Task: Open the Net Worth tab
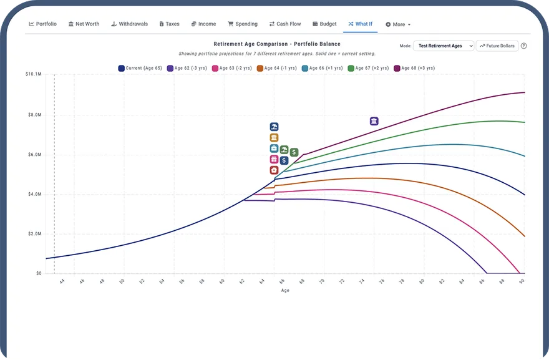coord(84,24)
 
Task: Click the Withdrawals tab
coord(129,24)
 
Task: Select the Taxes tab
coord(169,24)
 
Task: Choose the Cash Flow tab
coord(285,24)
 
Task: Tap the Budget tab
coord(324,24)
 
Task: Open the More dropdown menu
coord(398,24)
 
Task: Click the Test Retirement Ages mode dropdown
coord(444,46)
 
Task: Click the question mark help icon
coord(524,46)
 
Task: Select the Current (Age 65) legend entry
coord(140,68)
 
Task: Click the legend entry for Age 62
coord(187,68)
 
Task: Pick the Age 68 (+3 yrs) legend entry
coord(414,68)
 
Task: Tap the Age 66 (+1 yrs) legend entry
coord(322,68)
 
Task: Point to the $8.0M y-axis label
coord(35,115)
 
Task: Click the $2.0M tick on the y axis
coord(35,234)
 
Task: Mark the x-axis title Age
coord(285,290)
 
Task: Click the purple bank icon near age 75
coord(374,121)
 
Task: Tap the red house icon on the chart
coord(274,170)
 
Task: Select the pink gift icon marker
coord(274,159)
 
